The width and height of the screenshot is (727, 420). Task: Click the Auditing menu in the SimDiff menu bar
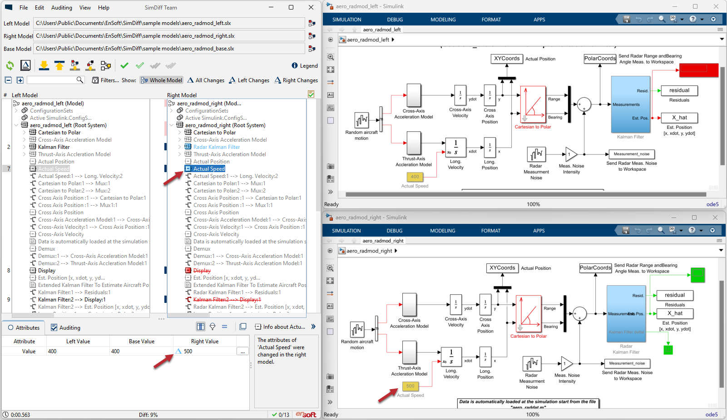coord(61,8)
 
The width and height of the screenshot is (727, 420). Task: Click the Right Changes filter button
coord(296,80)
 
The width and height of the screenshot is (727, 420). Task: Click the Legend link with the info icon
coord(305,66)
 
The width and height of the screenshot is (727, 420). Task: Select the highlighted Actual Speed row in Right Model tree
coord(209,169)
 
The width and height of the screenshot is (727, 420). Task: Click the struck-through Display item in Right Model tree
coord(202,271)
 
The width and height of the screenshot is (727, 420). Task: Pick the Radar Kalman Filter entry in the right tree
coord(216,147)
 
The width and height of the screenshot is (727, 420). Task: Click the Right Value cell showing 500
coord(204,351)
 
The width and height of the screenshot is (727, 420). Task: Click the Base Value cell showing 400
coord(141,351)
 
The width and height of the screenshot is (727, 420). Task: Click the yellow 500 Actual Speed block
coord(410,386)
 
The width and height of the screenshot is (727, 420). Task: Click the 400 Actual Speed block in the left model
coord(415,177)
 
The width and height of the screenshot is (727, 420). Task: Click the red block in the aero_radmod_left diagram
coord(698,69)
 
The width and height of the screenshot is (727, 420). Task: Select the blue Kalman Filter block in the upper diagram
coord(630,104)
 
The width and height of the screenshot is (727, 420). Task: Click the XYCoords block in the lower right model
coord(502,268)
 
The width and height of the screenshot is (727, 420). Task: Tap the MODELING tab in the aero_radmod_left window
coord(443,20)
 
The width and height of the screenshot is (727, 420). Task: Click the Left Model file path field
coord(169,23)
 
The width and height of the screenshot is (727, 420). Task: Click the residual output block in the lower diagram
coord(675,295)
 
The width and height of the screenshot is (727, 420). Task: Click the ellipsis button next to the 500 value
coord(242,351)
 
